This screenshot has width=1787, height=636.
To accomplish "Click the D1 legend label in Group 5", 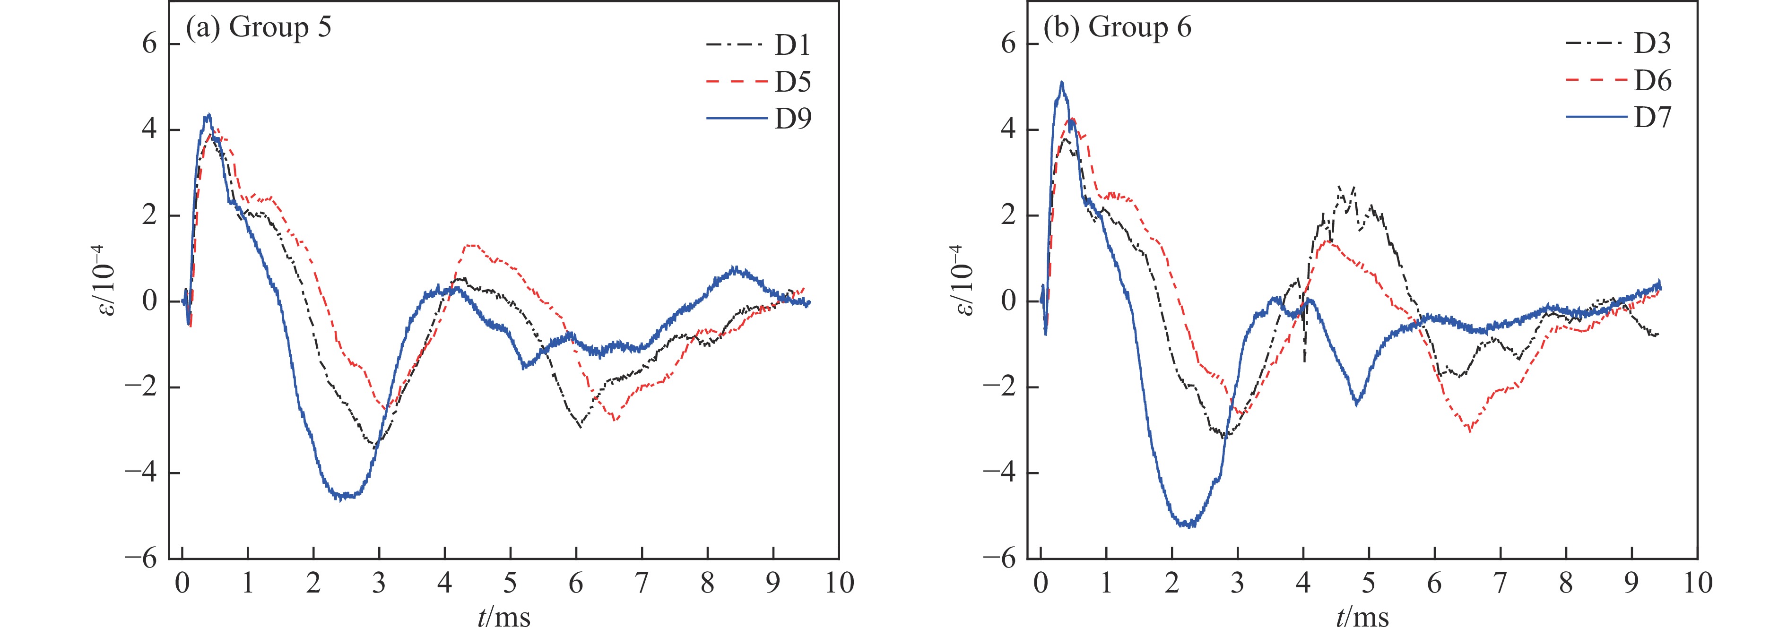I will (x=792, y=46).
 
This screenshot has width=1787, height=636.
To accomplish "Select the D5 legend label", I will (x=792, y=83).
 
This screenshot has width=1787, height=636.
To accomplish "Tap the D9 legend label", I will (x=792, y=119).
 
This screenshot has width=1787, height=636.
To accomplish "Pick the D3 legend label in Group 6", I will (x=1652, y=44).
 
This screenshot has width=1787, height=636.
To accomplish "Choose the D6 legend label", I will (x=1652, y=81).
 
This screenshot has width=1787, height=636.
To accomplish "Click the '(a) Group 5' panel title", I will (x=258, y=28).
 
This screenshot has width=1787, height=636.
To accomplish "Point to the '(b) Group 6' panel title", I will (x=1118, y=28).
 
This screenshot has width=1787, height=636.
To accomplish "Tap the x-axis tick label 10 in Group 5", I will (x=839, y=583).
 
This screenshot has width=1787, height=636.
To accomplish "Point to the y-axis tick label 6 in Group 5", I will (x=150, y=43).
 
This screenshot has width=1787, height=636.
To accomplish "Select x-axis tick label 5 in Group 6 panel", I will (x=1369, y=583).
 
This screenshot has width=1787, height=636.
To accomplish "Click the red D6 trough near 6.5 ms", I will (x=1469, y=431).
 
